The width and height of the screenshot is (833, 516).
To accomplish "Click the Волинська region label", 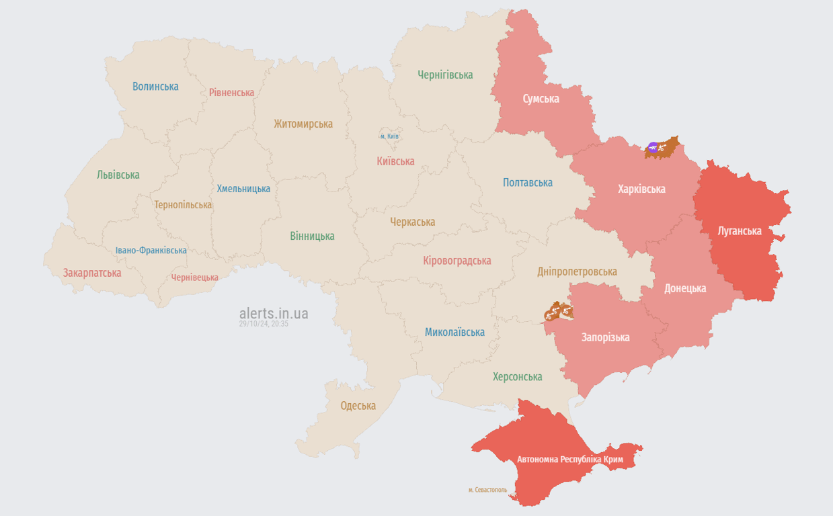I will pyautogui.click(x=155, y=87).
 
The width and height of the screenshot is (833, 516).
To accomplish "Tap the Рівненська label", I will pyautogui.click(x=231, y=93).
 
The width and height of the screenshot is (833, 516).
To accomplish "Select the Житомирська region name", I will pyautogui.click(x=303, y=124).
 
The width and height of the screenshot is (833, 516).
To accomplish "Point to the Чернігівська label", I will pyautogui.click(x=445, y=75).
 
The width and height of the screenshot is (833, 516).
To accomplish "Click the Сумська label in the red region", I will pyautogui.click(x=541, y=99).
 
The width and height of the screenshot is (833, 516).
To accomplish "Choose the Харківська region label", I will pyautogui.click(x=641, y=189).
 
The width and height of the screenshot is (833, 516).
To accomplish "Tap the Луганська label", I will pyautogui.click(x=740, y=231).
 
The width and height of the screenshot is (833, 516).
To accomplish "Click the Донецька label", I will pyautogui.click(x=685, y=288).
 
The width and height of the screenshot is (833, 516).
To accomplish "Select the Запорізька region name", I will pyautogui.click(x=605, y=337).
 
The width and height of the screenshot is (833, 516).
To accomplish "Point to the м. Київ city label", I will pyautogui.click(x=389, y=136).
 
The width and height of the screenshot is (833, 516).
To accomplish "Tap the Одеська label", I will pyautogui.click(x=358, y=406).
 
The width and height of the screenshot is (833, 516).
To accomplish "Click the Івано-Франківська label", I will pyautogui.click(x=151, y=251).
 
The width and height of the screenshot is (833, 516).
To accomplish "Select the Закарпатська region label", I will pyautogui.click(x=92, y=273).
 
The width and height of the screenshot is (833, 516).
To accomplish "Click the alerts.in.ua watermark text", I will pyautogui.click(x=274, y=313).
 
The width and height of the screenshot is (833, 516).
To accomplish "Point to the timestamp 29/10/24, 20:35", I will pyautogui.click(x=264, y=324).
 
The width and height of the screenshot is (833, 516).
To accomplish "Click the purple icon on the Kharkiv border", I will pyautogui.click(x=652, y=147).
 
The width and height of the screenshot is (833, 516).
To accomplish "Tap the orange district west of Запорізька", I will pyautogui.click(x=559, y=311).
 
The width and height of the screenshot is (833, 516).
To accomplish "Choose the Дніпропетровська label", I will pyautogui.click(x=577, y=272).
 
